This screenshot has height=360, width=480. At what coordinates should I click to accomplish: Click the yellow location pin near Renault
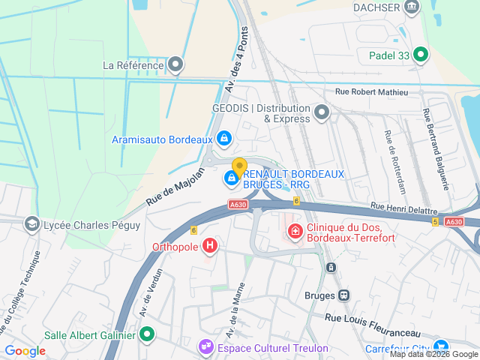[x=239, y=166]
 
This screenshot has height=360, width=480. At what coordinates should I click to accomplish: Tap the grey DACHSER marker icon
[x=412, y=7]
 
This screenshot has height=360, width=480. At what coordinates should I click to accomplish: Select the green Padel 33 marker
[x=421, y=54]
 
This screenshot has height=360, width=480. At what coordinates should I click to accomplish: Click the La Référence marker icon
[x=175, y=65]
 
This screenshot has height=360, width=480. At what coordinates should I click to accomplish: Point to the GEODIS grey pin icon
[x=322, y=112]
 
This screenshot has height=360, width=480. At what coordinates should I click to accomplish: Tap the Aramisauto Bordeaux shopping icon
[x=223, y=139]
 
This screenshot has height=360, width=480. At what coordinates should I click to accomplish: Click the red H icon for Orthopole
[x=211, y=245]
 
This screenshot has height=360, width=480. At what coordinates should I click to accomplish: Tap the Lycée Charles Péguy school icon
[x=32, y=223]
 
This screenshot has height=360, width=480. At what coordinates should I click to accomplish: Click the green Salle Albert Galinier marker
[x=148, y=334]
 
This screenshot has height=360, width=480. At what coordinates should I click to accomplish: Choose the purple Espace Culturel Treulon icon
[x=205, y=347]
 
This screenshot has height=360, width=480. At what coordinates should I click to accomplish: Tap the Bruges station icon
[x=343, y=295]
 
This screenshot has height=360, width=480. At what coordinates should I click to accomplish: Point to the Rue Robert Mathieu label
[x=372, y=91]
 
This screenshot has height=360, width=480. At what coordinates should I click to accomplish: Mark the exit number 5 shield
[x=434, y=222]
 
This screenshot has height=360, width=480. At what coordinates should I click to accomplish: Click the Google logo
[x=25, y=351]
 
